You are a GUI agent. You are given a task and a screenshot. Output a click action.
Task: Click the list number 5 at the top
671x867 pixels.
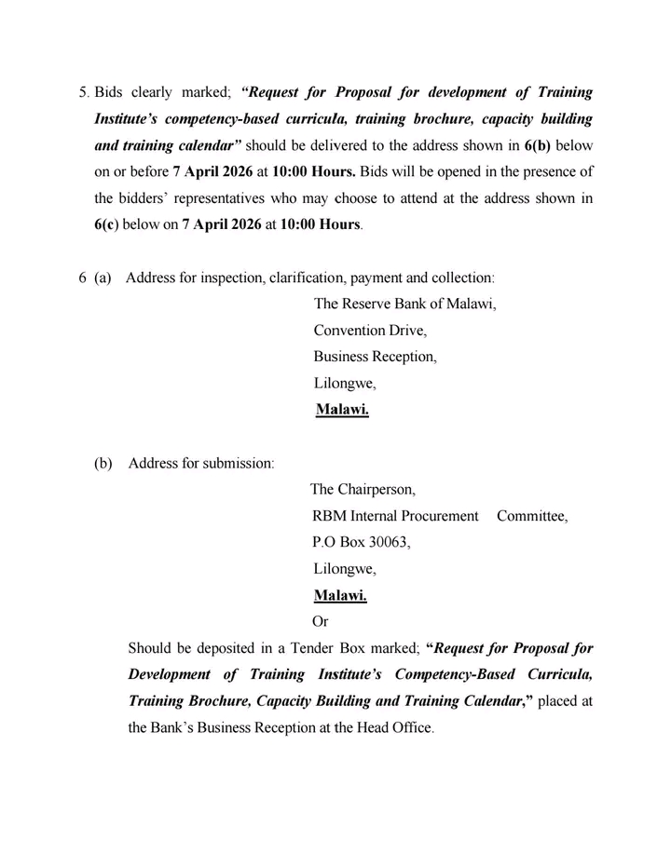click(x=82, y=93)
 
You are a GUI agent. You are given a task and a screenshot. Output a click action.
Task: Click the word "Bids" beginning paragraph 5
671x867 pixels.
click(x=109, y=93)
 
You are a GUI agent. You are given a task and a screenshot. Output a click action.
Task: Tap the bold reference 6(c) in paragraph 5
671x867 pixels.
click(x=109, y=225)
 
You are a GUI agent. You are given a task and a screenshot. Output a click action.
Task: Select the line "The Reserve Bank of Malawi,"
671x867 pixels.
click(x=404, y=304)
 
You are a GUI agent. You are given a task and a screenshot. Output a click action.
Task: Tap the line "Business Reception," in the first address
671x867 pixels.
click(x=375, y=356)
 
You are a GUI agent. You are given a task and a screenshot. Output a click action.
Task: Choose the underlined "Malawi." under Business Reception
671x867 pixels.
click(x=342, y=409)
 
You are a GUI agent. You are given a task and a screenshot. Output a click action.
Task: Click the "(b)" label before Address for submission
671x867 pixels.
click(x=103, y=463)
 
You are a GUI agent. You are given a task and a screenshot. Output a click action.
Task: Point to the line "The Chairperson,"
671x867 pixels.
click(x=363, y=489)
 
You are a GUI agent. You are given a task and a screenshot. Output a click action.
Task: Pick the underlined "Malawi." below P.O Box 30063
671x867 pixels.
click(x=340, y=595)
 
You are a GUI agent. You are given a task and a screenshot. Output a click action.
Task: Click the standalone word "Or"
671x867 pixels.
click(x=320, y=621)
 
